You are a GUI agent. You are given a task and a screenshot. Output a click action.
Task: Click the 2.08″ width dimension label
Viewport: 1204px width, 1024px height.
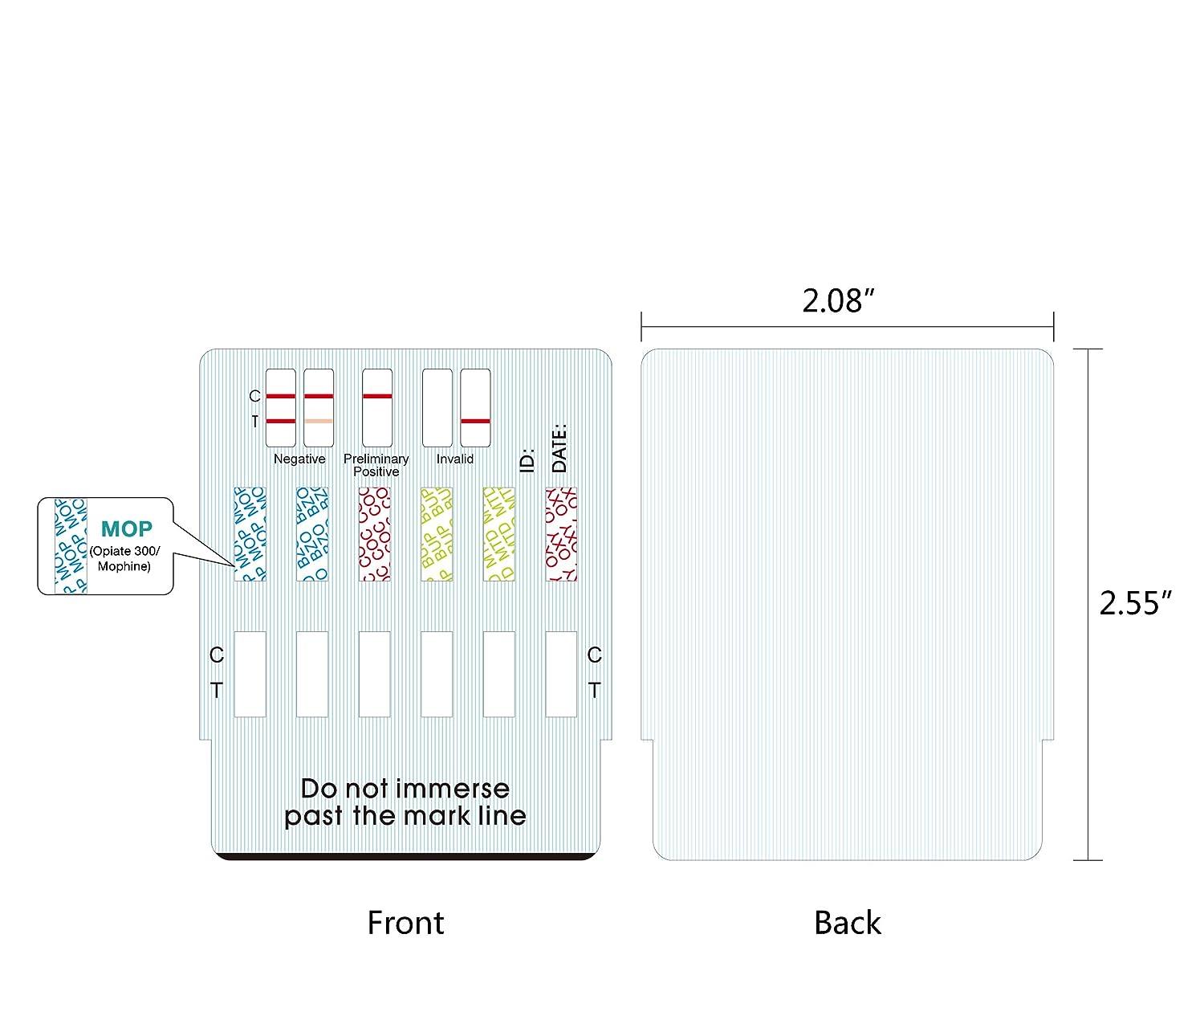837,301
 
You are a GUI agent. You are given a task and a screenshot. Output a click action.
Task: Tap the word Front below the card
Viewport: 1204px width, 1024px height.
405,923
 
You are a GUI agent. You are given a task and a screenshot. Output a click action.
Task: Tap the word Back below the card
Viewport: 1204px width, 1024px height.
848,923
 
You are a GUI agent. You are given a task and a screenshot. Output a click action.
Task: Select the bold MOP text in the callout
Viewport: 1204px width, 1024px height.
126,529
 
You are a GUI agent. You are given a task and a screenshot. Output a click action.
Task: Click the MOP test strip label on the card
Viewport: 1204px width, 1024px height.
250,534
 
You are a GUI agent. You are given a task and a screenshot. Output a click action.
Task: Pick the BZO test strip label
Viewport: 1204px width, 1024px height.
312,534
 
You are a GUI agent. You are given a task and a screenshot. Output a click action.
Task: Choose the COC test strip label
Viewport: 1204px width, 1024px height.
375,534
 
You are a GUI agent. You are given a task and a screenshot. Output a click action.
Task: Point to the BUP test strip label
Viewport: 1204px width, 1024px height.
437,534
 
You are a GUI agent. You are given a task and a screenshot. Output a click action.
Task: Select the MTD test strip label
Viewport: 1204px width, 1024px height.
499,534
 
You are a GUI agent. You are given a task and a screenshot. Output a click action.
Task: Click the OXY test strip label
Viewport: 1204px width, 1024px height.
561,534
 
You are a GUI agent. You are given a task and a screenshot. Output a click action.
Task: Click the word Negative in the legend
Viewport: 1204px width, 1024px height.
299,459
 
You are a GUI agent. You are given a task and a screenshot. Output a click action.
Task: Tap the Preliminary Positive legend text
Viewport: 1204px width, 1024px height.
376,465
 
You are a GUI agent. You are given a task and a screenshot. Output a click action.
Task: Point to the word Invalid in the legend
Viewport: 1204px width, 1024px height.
455,459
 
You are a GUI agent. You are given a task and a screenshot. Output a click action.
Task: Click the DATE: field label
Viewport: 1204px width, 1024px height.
560,448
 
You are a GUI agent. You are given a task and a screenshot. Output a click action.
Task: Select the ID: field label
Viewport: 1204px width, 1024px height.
527,461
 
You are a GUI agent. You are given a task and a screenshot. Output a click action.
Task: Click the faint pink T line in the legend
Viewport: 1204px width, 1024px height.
319,422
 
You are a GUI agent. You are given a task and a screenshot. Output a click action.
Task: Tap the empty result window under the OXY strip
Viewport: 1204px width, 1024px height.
561,674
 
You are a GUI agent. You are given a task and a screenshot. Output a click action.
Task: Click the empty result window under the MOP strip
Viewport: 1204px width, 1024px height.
250,674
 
